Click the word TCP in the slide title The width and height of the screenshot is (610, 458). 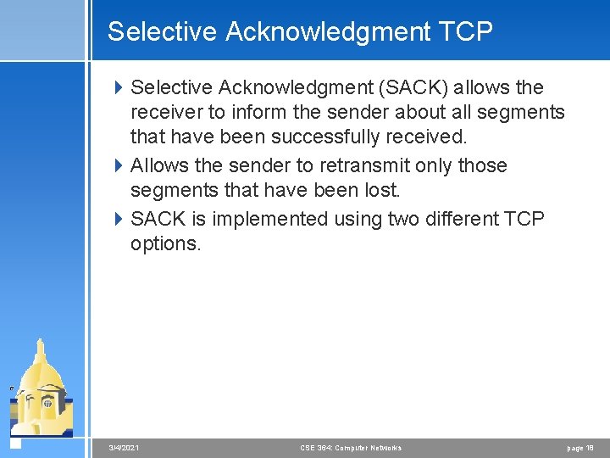tap(465, 32)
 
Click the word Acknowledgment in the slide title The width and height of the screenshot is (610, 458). tap(328, 32)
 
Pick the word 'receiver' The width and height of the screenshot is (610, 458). tap(165, 113)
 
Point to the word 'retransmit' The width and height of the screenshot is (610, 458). tap(365, 165)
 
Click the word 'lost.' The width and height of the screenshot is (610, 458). tap(380, 191)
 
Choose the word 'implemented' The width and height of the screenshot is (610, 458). tap(269, 219)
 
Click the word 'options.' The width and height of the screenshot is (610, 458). tap(166, 244)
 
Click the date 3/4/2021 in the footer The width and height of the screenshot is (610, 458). tap(125, 448)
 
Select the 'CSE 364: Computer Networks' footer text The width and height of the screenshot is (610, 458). tap(351, 448)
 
